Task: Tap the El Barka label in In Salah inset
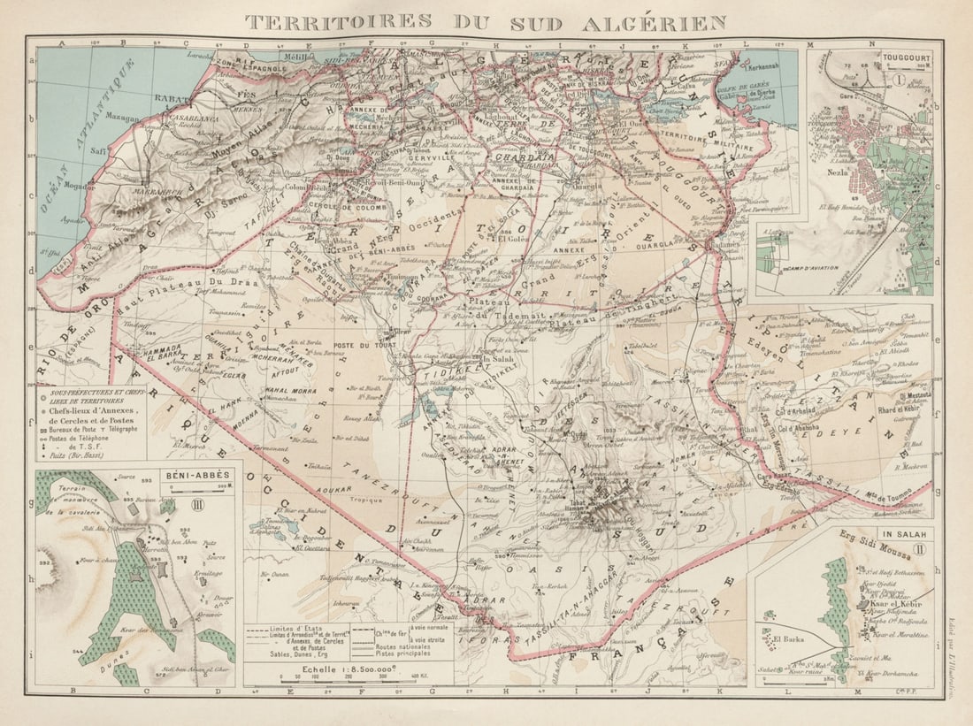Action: [x=786, y=638]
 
